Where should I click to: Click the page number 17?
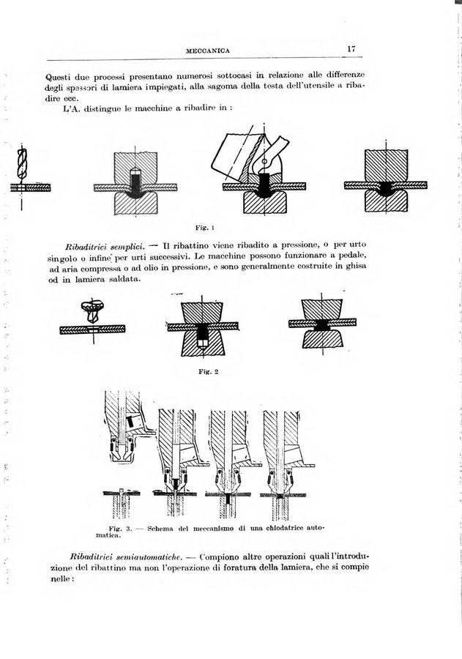point(352,49)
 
